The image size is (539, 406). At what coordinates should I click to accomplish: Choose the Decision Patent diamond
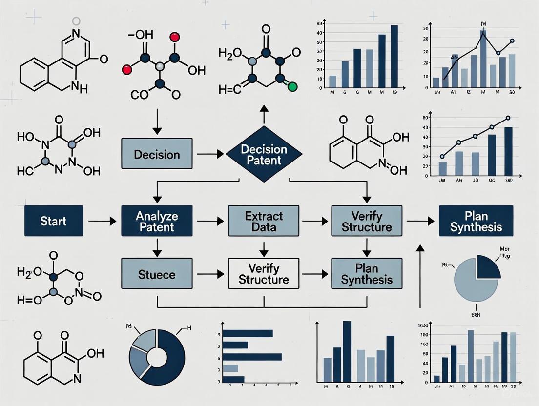point(264,154)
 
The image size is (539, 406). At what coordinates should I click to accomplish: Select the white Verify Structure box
point(264,274)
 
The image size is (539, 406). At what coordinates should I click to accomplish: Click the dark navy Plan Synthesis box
point(476,221)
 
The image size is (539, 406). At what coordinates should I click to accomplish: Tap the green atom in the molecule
point(292,87)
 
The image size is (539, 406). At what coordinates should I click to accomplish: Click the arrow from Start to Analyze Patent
point(102,221)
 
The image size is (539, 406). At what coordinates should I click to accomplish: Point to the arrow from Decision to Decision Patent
point(210,155)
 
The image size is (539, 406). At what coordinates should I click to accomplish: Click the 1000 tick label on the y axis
point(423,326)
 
